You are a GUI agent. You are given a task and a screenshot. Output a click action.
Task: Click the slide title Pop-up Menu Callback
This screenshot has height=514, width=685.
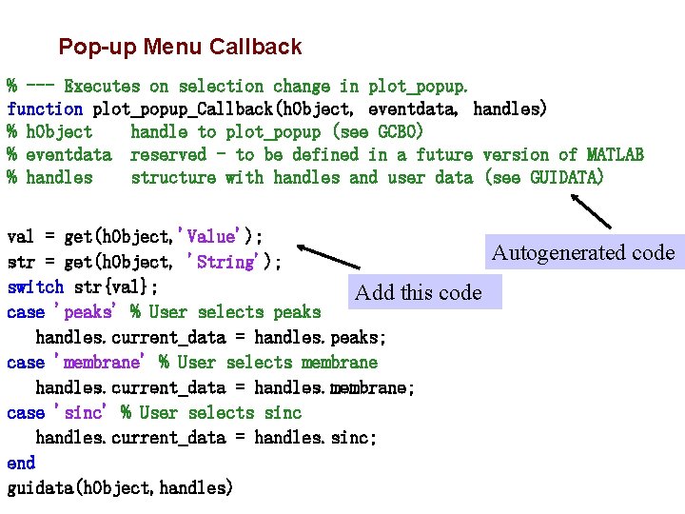pyautogui.click(x=180, y=47)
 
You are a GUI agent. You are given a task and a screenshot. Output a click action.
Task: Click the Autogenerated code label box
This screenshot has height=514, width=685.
pyautogui.click(x=583, y=252)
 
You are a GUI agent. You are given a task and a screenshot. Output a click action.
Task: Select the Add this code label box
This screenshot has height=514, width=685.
pyautogui.click(x=418, y=292)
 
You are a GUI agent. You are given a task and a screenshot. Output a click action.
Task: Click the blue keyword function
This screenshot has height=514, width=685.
pyautogui.click(x=45, y=109)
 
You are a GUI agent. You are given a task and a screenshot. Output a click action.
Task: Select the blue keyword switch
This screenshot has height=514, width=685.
pyautogui.click(x=35, y=287)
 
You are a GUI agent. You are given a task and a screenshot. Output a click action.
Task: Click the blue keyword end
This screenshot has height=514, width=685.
pyautogui.click(x=21, y=464)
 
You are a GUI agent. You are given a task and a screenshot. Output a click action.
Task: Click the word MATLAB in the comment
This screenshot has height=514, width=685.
pyautogui.click(x=615, y=155)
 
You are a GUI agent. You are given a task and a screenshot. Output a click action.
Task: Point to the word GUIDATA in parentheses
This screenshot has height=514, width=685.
pyautogui.click(x=566, y=178)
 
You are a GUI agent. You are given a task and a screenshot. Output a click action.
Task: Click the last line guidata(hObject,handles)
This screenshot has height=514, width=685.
pyautogui.click(x=119, y=488)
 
